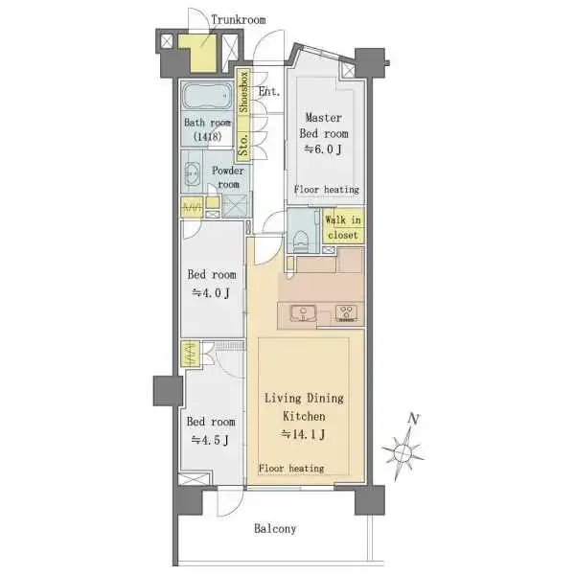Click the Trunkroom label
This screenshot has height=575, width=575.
click(x=239, y=19)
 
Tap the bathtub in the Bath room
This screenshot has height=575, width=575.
click(x=207, y=96)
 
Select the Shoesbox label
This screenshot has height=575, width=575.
click(x=243, y=92)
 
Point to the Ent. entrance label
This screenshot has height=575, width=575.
click(x=269, y=91)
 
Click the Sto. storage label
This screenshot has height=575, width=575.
click(x=243, y=145)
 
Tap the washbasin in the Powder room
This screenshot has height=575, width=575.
click(x=192, y=172)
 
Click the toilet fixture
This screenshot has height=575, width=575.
click(x=301, y=241)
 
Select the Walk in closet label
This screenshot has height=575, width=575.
click(x=343, y=227)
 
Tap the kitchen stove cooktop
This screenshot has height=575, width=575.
click(x=347, y=313)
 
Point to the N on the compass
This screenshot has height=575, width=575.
click(x=414, y=419)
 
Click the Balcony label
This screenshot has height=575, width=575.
click(x=275, y=528)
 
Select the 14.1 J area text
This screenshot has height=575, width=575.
click(x=303, y=434)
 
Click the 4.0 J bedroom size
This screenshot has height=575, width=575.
click(x=211, y=292)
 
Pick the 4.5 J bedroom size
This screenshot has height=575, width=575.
click(x=210, y=440)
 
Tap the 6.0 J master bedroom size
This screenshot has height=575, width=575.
click(x=323, y=149)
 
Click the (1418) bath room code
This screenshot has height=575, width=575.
click(x=208, y=137)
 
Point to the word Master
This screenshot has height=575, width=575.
click(x=324, y=117)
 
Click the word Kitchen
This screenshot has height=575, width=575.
click(x=304, y=416)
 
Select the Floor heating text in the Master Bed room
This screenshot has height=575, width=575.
click(x=327, y=190)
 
